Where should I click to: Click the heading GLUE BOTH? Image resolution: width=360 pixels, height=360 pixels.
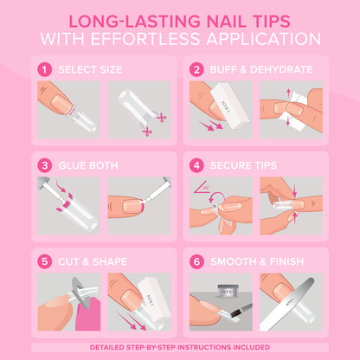pos(85,164)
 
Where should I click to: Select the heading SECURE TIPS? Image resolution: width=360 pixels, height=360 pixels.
pos(246,164)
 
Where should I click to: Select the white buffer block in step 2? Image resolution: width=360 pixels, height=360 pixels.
pos(224,104)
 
